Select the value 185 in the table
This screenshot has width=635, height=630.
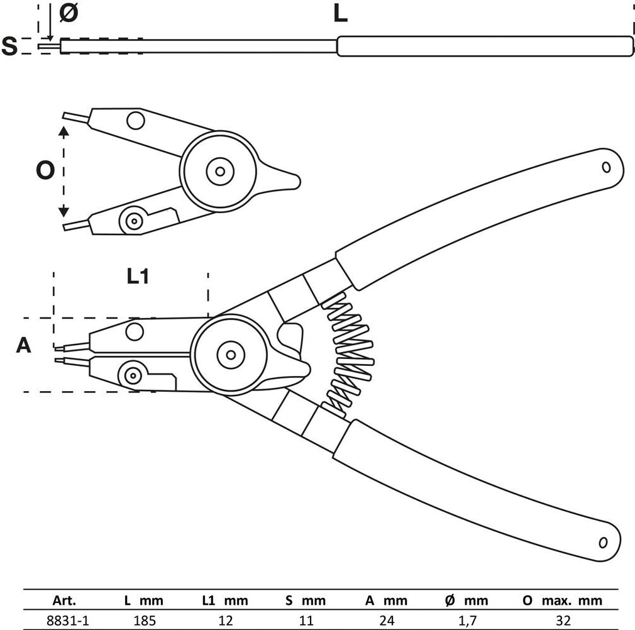point(144,620)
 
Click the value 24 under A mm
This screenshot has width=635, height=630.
point(386,620)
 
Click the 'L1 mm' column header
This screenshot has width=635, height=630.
point(224,600)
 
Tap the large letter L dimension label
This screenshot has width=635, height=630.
point(340,14)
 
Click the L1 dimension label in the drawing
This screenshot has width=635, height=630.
point(138,276)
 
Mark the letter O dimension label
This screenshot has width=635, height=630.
point(45,170)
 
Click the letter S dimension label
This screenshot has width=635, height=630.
point(9,47)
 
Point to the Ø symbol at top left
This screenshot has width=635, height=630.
point(69,14)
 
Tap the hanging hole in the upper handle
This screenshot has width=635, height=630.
point(606,167)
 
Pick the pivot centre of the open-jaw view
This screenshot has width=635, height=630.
point(219,170)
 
